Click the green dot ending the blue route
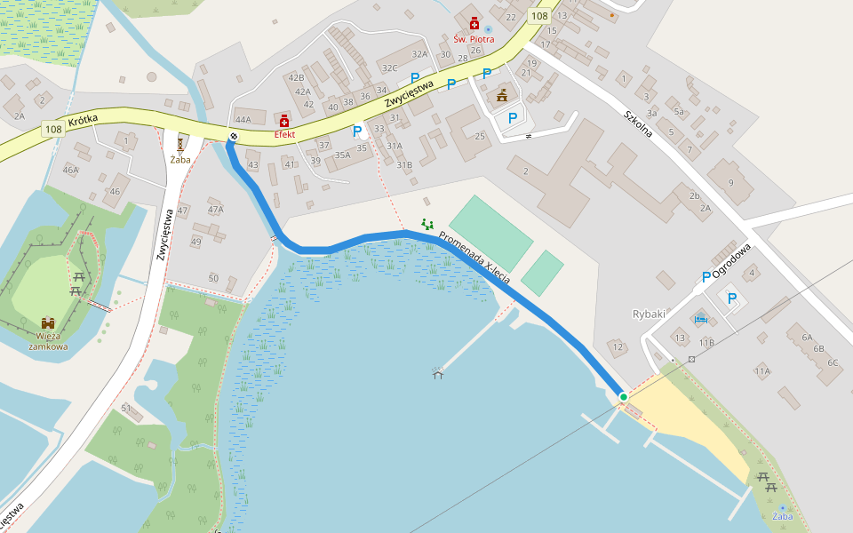click(624, 396)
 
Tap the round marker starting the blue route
click(234, 136)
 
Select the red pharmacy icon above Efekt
click(284, 121)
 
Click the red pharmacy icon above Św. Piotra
click(474, 23)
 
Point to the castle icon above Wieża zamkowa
click(47, 325)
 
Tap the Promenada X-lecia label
click(474, 259)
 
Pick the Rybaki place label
click(649, 314)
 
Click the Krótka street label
click(82, 119)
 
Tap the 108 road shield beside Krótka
click(52, 130)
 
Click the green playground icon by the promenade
click(427, 224)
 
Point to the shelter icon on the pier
click(437, 373)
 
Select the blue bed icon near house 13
click(700, 318)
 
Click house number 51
click(126, 408)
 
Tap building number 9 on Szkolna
click(731, 182)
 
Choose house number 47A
click(215, 210)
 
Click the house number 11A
click(762, 370)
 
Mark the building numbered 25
click(480, 136)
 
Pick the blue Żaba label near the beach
click(782, 516)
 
